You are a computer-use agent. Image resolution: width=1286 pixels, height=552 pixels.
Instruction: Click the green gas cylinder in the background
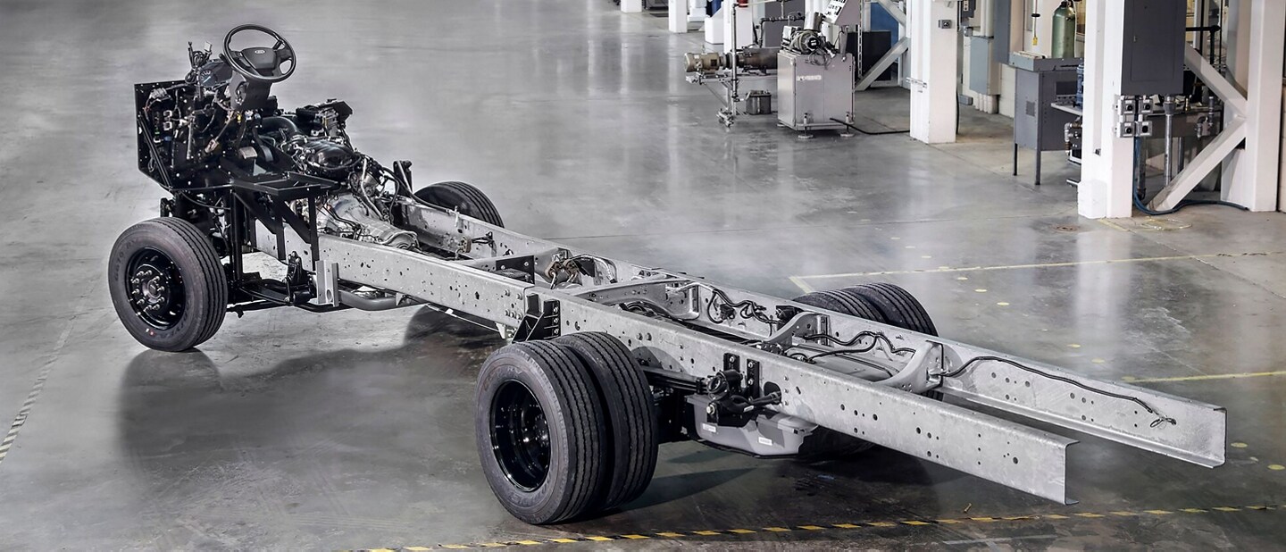[x=1064, y=31]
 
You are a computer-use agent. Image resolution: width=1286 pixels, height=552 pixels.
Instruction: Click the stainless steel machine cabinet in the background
[x=813, y=89]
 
